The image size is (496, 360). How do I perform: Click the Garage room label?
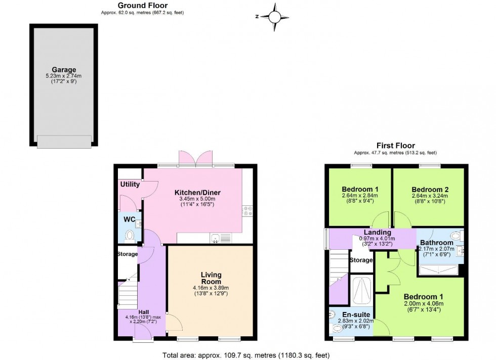pyautogui.click(x=64, y=70)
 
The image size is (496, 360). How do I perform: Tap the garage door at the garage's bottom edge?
pyautogui.click(x=64, y=142)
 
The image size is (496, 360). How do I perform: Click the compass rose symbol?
pyautogui.click(x=274, y=16)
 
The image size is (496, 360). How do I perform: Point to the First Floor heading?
pyautogui.click(x=395, y=146)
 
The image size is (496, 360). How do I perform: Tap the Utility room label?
pyautogui.click(x=130, y=185)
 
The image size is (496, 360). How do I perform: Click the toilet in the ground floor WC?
pyautogui.click(x=130, y=236)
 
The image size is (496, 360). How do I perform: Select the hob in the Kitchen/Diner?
pyautogui.click(x=247, y=211)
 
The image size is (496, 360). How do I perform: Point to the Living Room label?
pyautogui.click(x=210, y=279)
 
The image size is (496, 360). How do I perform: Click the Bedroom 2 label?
pyautogui.click(x=430, y=190)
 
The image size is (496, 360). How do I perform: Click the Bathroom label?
pyautogui.click(x=436, y=243)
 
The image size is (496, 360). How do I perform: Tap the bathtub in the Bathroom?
pyautogui.click(x=439, y=270)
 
